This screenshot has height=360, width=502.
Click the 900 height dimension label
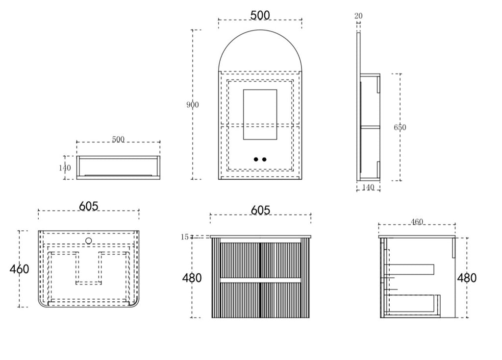[x=193, y=105]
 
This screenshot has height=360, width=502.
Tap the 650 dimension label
[x=400, y=127]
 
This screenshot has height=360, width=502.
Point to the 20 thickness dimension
[x=358, y=16]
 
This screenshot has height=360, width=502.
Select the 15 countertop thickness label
[x=185, y=237]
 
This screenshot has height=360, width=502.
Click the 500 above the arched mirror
[x=260, y=15]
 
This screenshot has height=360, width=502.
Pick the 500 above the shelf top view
[x=118, y=139]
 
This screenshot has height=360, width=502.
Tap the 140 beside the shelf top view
[x=65, y=168]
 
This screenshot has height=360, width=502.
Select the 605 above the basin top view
[x=89, y=206]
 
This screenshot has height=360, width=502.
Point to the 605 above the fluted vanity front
[x=261, y=210]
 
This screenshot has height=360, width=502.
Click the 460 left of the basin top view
[x=19, y=269]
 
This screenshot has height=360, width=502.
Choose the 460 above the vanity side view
[x=417, y=222]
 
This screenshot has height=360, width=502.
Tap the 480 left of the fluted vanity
[x=192, y=278]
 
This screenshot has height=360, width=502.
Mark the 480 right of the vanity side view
[x=467, y=278]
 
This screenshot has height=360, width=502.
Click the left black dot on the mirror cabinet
[x=256, y=159]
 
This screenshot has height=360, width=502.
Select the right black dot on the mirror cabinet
[x=264, y=159]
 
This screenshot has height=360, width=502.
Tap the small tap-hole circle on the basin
[x=89, y=240]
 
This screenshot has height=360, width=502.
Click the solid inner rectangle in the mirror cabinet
[x=260, y=115]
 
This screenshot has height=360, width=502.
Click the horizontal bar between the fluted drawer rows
[x=261, y=280]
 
